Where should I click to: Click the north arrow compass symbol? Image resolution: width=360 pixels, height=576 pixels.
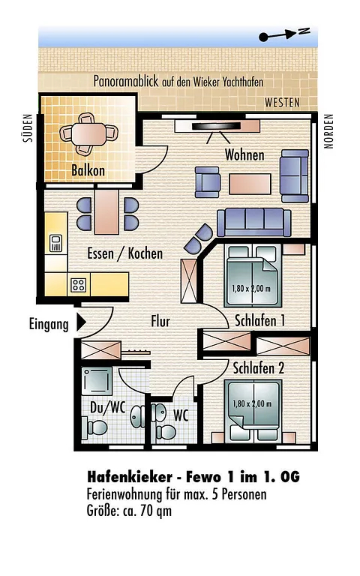(x=284, y=34)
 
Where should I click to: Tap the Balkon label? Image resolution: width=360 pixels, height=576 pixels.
(x=88, y=170)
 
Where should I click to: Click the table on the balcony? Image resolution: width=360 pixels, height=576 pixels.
(x=88, y=134)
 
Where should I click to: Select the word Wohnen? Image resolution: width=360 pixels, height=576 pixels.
(x=244, y=154)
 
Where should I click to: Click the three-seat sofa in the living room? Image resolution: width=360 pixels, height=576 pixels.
(x=253, y=222)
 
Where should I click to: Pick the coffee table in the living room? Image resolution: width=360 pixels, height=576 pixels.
(x=250, y=184)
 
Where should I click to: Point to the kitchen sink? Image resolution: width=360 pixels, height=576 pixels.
(x=55, y=243)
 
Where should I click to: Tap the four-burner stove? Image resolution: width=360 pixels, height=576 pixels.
(x=79, y=285)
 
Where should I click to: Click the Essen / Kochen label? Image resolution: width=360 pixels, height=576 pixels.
(x=125, y=253)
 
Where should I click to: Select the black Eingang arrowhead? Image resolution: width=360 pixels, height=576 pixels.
(x=81, y=323)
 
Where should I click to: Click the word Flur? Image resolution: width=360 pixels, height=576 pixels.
(x=160, y=321)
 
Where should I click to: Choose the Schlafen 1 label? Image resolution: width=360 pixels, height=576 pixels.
(x=259, y=321)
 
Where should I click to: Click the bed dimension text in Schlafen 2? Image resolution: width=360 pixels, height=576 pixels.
(x=252, y=404)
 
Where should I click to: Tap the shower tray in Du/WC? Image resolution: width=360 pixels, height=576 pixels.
(x=97, y=381)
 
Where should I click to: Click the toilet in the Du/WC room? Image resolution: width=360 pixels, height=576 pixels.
(x=94, y=428)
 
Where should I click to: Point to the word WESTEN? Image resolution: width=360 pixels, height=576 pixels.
(x=282, y=103)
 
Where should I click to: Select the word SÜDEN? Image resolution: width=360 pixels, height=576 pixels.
(x=28, y=127)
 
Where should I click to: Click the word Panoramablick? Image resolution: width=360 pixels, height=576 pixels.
(x=126, y=81)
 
